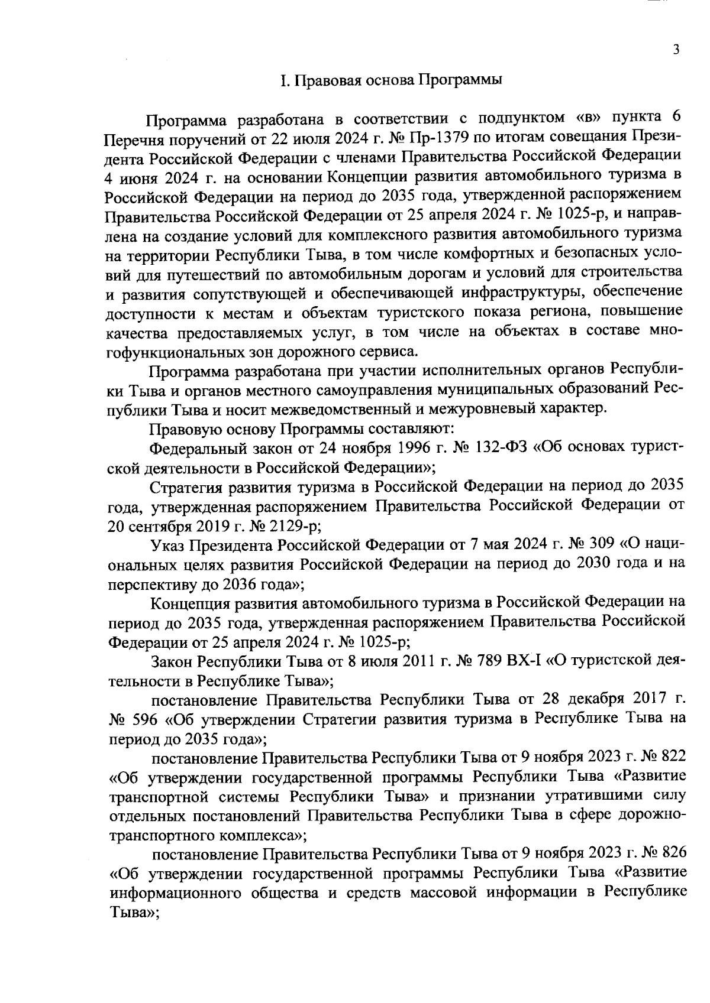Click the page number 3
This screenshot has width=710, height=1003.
(x=676, y=50)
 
